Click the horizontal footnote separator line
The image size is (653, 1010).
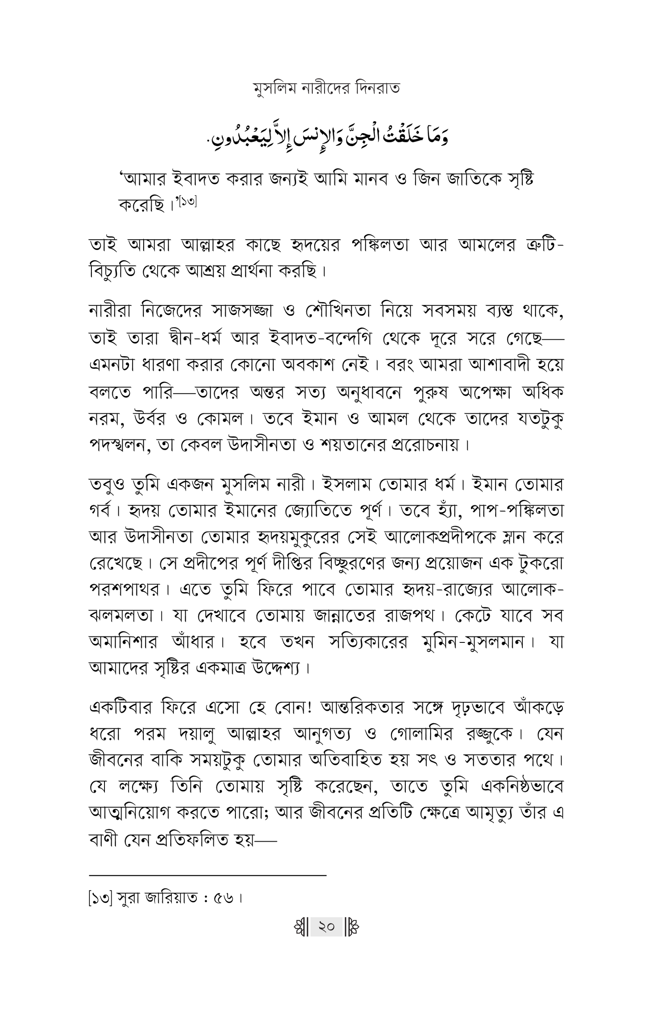coord(208,875)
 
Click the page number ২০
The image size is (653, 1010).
coord(326,927)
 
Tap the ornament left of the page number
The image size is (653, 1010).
coord(301,927)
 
